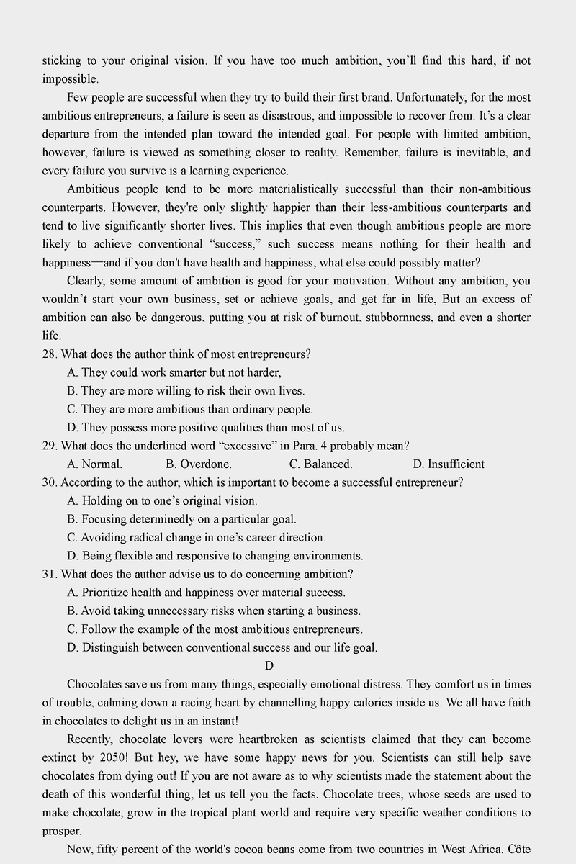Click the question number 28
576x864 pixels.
point(50,354)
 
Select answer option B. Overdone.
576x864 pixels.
point(198,464)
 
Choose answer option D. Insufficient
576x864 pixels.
point(448,464)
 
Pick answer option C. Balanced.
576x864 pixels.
point(320,464)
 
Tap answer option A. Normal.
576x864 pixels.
point(94,464)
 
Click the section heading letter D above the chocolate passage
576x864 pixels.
point(269,665)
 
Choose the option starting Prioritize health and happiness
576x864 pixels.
point(206,593)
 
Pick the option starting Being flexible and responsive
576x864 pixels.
point(215,556)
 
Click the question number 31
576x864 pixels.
point(50,575)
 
